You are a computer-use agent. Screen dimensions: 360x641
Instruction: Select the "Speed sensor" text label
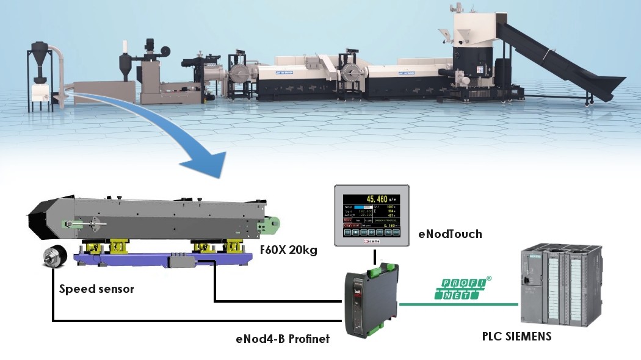[x=96, y=289]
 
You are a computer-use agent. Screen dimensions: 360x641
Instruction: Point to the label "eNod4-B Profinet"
[x=283, y=338]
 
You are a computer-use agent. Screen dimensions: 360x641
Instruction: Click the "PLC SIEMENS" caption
[x=516, y=336]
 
